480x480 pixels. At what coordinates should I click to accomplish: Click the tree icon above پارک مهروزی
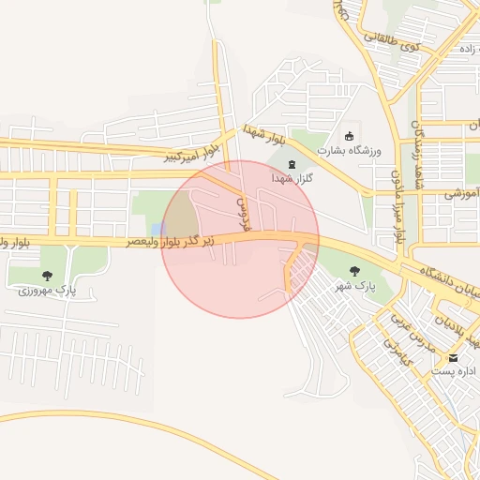[x=47, y=276]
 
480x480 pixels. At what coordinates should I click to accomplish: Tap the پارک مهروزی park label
[x=47, y=291]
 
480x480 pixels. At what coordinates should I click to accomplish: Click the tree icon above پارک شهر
[x=354, y=271]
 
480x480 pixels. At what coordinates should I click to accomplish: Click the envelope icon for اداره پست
[x=455, y=358]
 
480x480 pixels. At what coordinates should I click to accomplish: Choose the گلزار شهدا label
[x=291, y=178]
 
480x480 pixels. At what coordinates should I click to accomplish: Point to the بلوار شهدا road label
[x=262, y=134]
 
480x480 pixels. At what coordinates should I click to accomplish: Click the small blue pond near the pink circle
[x=157, y=230]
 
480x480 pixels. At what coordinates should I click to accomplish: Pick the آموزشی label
[x=462, y=194]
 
